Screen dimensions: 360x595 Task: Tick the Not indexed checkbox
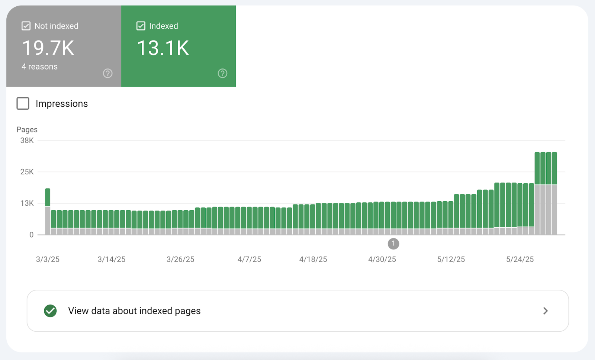(26, 26)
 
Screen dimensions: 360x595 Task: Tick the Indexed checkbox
(141, 26)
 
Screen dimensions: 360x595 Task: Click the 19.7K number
(48, 48)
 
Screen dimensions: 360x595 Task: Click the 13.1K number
(163, 48)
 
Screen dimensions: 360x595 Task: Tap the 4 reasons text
(39, 67)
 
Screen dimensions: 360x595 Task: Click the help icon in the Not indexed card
(108, 74)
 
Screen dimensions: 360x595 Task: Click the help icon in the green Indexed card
(222, 74)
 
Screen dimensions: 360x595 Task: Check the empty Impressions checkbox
(23, 103)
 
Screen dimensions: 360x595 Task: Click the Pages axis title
(27, 129)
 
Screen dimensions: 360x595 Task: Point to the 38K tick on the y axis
(27, 141)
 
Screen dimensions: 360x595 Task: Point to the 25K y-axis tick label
(27, 172)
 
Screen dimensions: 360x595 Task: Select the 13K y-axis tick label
(27, 203)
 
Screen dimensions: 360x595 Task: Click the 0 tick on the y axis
(32, 235)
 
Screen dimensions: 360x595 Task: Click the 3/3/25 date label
(48, 260)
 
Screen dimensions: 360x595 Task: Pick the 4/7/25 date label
(249, 260)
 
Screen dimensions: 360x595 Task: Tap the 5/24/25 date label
(520, 260)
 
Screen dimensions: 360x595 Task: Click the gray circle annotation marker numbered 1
(393, 244)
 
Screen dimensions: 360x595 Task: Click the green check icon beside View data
(50, 311)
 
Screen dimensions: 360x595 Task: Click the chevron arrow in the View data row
(546, 311)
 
